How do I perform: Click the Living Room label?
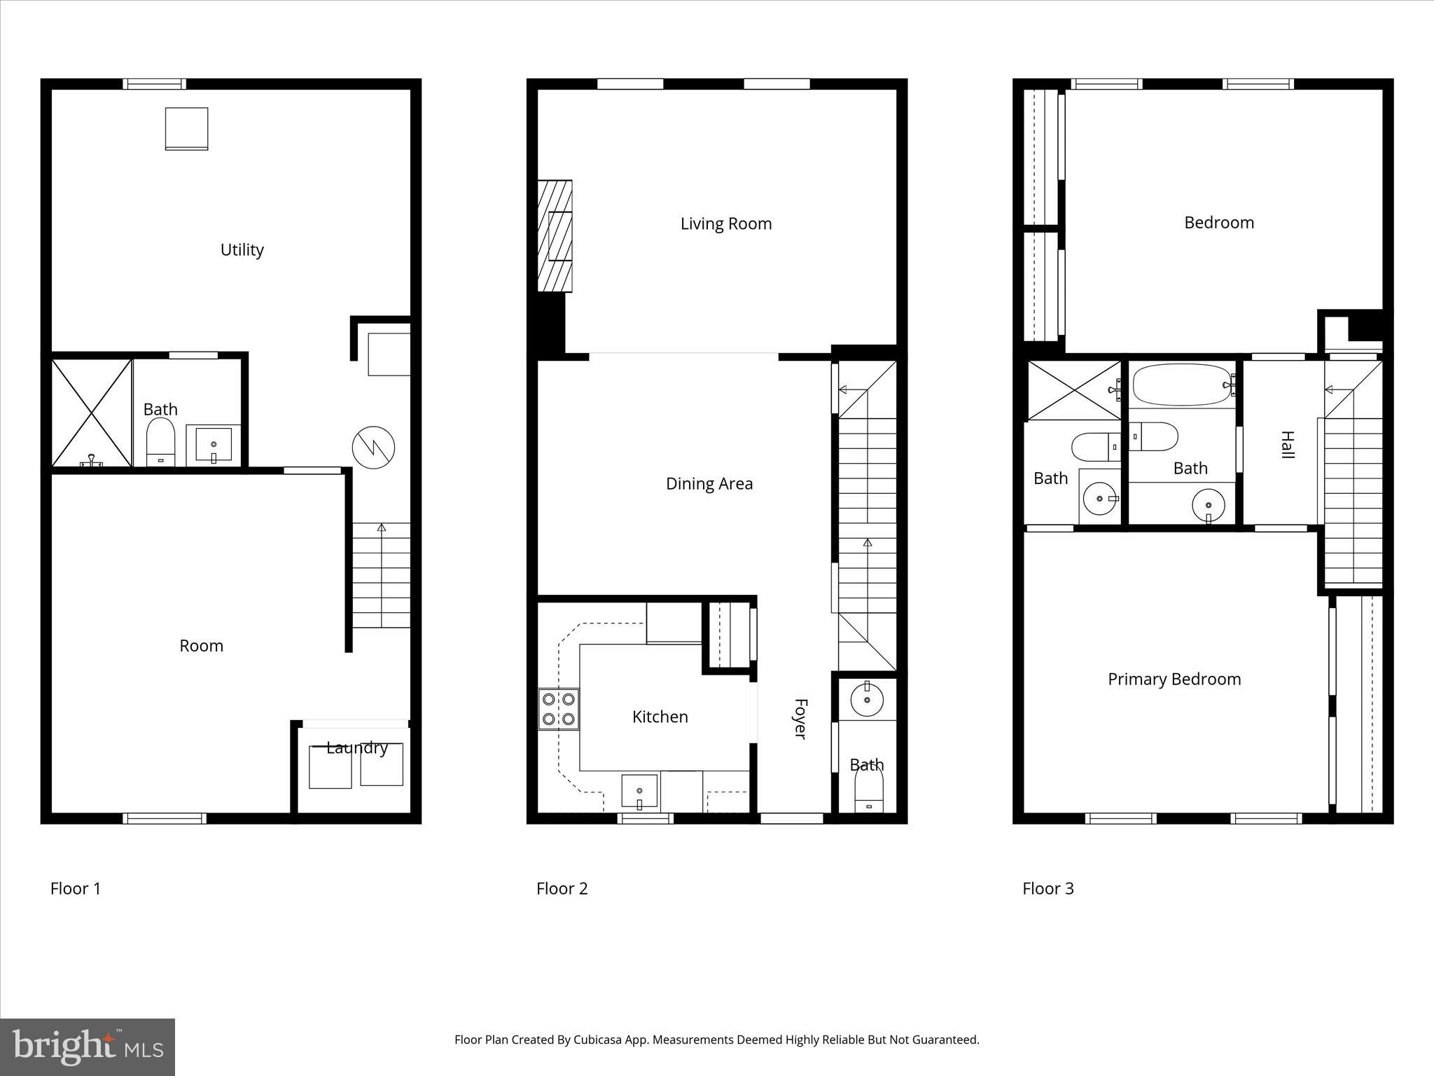[726, 224]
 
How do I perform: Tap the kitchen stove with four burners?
[558, 709]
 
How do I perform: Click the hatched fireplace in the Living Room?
[555, 236]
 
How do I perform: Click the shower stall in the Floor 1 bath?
[92, 413]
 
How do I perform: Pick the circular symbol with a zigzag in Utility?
[373, 447]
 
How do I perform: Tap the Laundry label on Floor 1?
[357, 747]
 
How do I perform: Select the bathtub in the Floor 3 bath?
[1182, 385]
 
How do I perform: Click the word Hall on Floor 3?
[1287, 445]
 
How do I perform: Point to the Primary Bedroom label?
[1174, 679]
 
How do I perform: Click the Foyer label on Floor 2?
[800, 719]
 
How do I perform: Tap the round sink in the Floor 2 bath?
[867, 699]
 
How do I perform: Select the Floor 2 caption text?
[562, 889]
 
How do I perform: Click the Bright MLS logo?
[87, 1047]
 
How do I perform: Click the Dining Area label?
[709, 484]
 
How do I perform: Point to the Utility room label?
[242, 250]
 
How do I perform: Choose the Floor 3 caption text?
[1047, 889]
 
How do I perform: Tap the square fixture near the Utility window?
[186, 128]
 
